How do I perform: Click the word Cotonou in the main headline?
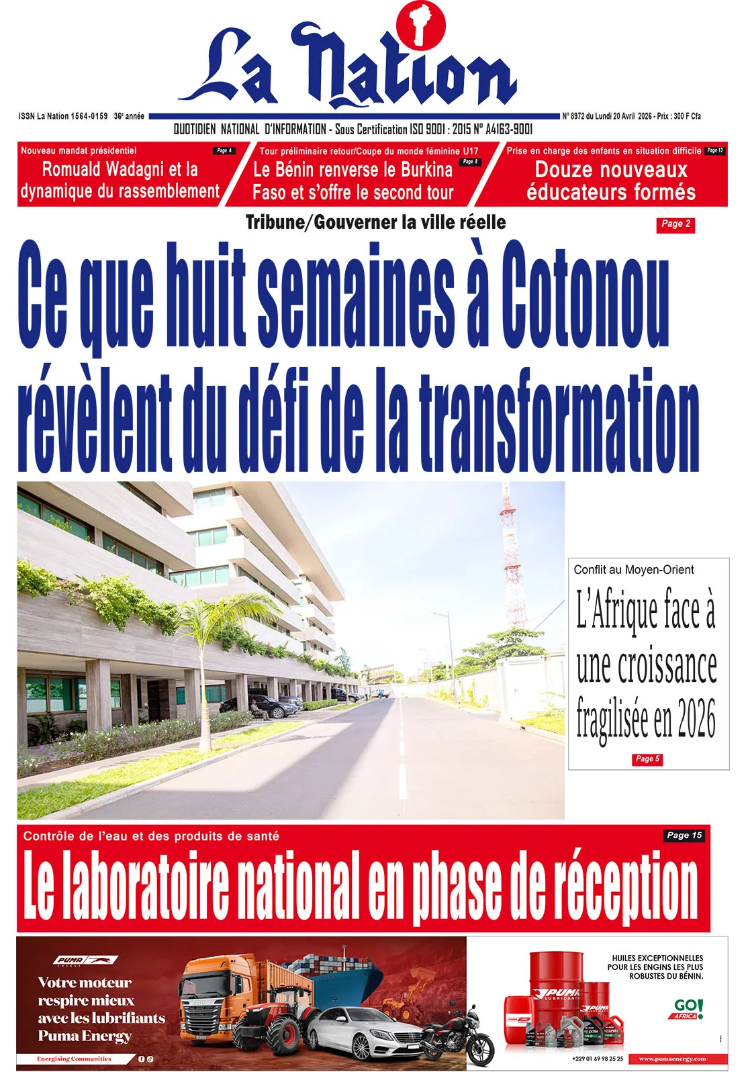(585, 296)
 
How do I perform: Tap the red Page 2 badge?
(675, 224)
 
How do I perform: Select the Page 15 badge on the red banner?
(684, 836)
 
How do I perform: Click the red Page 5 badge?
(647, 759)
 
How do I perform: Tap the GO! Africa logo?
(688, 1009)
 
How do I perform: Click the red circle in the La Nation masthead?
(421, 26)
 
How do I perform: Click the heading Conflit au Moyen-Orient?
(633, 570)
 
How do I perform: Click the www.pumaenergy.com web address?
(672, 1059)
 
